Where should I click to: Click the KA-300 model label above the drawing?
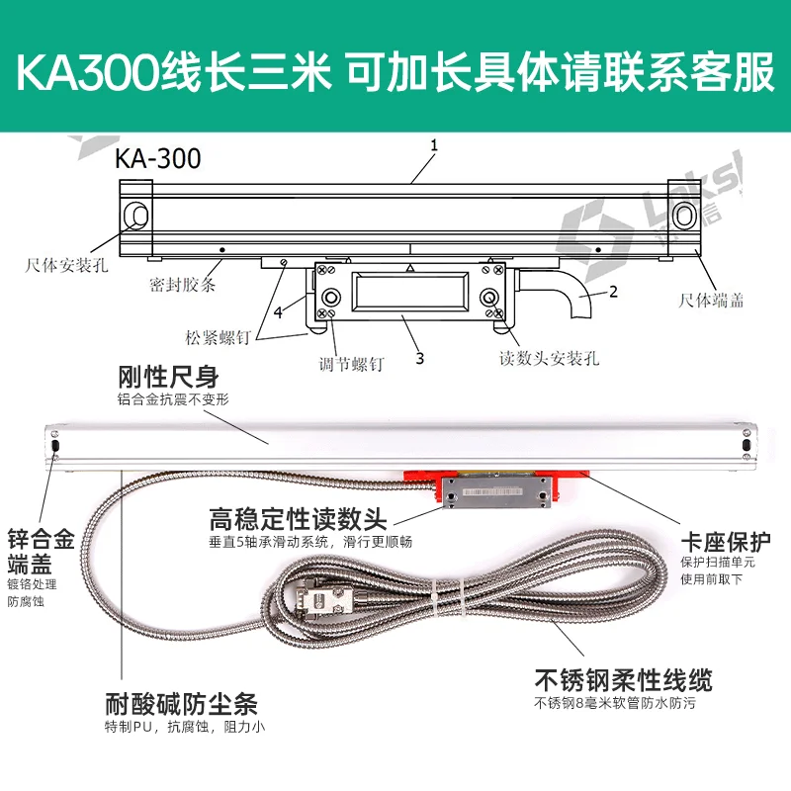[x=158, y=158]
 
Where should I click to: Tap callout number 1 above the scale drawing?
[x=434, y=145]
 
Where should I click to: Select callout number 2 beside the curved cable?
[x=613, y=292]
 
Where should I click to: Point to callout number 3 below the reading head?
[x=419, y=358]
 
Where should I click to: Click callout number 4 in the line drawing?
[x=278, y=312]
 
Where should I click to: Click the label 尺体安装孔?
[x=66, y=265]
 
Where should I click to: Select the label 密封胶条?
[x=183, y=285]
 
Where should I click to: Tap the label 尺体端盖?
[x=710, y=301]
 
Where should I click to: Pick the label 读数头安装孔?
[x=550, y=358]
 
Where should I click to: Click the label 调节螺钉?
[x=352, y=364]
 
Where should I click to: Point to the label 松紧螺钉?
[x=218, y=337]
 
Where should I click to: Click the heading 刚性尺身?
[x=168, y=377]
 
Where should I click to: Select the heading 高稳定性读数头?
[x=299, y=518]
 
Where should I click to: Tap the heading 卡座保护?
[x=726, y=542]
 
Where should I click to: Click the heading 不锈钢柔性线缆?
[x=624, y=679]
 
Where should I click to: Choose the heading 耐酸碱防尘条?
[x=182, y=704]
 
